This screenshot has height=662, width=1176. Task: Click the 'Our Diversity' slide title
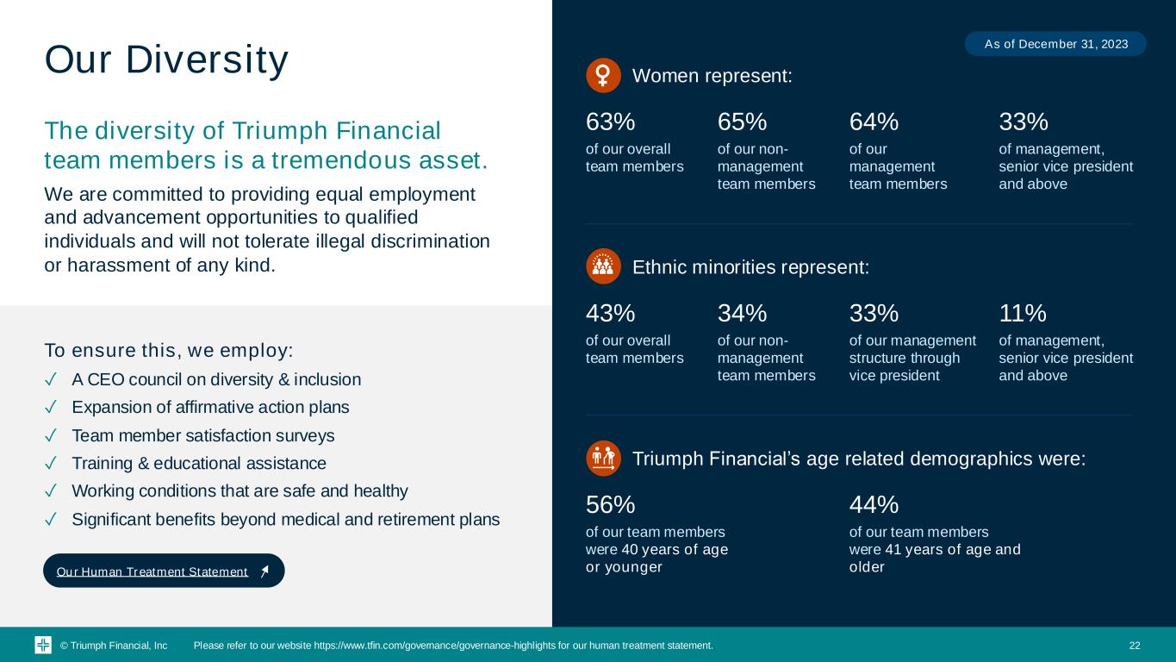click(166, 59)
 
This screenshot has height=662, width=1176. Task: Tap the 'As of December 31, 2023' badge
click(1055, 44)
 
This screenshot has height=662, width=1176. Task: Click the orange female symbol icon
click(603, 75)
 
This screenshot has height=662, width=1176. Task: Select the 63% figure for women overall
click(610, 122)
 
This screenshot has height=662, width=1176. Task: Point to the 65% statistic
click(742, 122)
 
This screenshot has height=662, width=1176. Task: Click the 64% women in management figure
click(874, 122)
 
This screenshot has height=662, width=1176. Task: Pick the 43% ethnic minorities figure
click(610, 313)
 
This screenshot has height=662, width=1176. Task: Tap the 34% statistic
click(742, 313)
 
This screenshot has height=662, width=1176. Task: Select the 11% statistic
click(1022, 313)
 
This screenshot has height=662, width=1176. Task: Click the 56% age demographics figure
click(610, 505)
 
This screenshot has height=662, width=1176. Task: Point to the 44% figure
click(874, 505)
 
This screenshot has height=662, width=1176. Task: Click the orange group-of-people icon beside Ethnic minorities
click(603, 265)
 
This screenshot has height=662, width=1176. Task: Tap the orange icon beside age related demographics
click(603, 459)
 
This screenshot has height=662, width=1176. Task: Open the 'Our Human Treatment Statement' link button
click(164, 571)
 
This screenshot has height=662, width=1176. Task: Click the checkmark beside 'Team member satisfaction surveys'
click(50, 435)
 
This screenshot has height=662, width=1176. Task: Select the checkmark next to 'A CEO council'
click(50, 379)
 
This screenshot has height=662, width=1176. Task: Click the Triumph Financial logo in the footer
click(43, 645)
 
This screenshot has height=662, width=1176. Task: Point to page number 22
click(1135, 645)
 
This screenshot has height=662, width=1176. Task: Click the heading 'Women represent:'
click(712, 76)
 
